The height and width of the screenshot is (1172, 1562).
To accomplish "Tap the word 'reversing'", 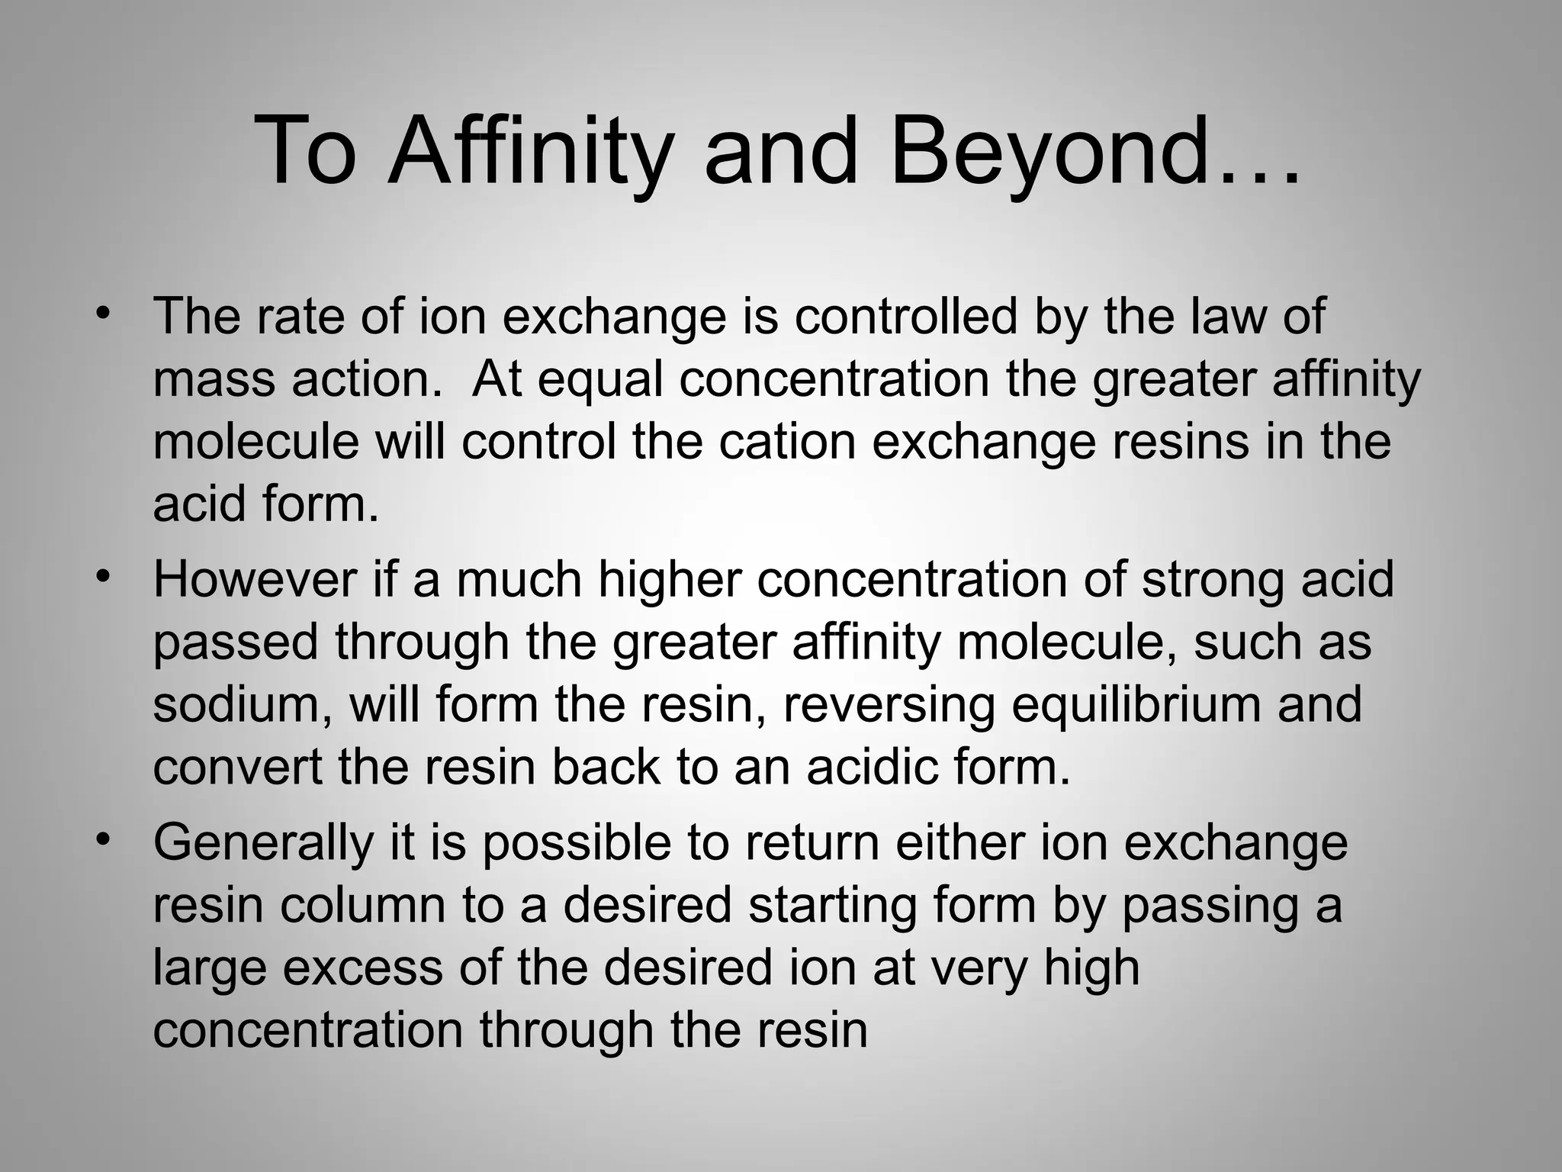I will pos(889,704).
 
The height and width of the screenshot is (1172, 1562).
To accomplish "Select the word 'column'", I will pos(362,905).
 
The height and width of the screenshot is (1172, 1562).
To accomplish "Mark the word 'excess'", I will pos(362,968).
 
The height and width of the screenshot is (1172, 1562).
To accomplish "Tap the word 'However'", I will pos(256,578).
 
